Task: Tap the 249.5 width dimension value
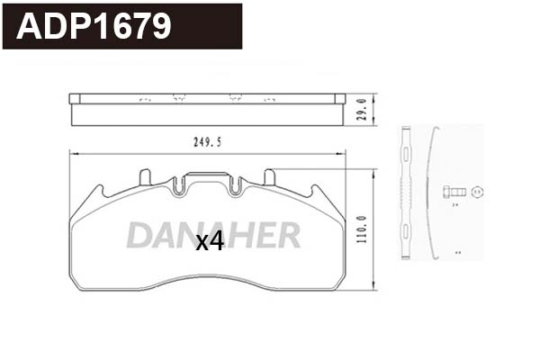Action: point(208,141)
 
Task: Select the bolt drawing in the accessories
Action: point(456,191)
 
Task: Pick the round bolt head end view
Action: point(478,191)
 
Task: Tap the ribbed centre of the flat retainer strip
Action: point(405,191)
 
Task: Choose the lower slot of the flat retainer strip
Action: point(405,239)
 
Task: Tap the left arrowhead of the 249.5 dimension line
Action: point(73,151)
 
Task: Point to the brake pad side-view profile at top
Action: point(207,110)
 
